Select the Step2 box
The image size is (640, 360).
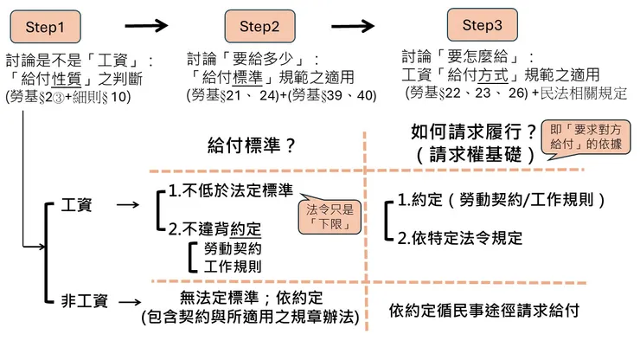259,27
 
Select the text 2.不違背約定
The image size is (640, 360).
215,228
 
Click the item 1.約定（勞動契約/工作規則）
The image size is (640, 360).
501,200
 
